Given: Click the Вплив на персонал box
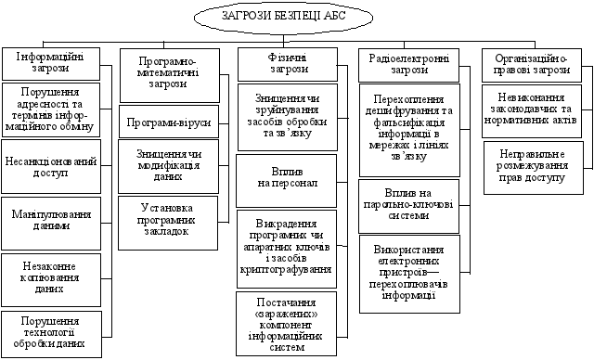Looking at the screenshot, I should tap(288, 181).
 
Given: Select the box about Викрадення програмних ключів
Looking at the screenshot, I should tap(288, 250).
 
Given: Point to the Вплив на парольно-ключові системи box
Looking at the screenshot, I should tap(408, 206).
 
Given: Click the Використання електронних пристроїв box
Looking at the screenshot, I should tap(408, 273).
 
